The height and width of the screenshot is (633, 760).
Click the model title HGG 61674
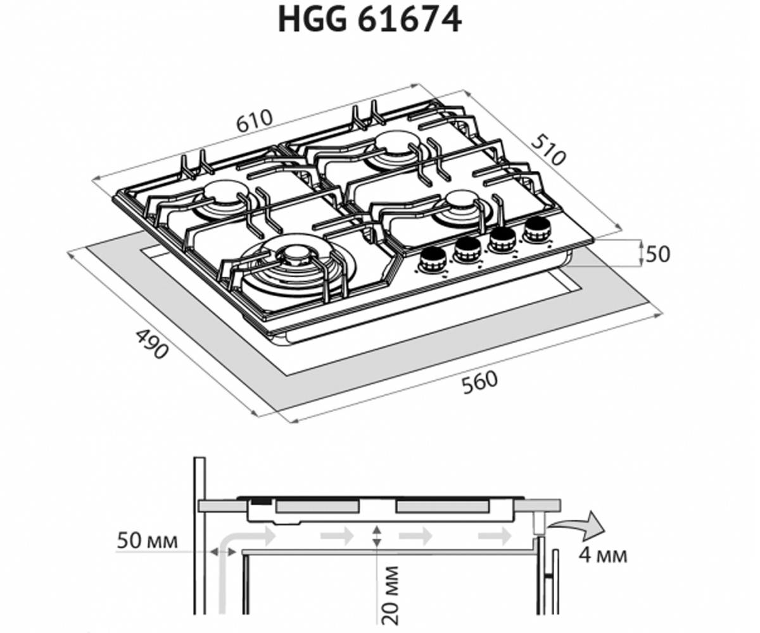(x=370, y=20)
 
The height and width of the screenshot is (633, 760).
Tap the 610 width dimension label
(x=254, y=120)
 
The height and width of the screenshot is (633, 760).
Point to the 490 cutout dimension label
(x=153, y=344)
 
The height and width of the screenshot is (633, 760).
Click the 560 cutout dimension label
(x=479, y=382)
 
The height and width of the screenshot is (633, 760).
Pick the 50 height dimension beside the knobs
(x=658, y=254)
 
